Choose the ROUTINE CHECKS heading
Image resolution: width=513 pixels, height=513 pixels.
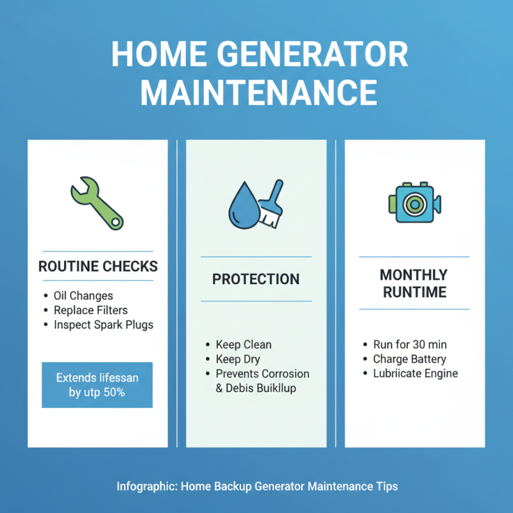pyautogui.click(x=97, y=266)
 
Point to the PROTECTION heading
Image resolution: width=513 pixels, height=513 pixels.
pyautogui.click(x=256, y=280)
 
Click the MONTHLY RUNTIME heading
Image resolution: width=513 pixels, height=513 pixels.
pyautogui.click(x=414, y=283)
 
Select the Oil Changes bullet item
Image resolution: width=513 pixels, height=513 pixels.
pyautogui.click(x=83, y=296)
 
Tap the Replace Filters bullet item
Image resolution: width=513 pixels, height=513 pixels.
pyautogui.click(x=90, y=310)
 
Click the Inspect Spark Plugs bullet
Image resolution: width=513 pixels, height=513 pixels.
pyautogui.click(x=103, y=324)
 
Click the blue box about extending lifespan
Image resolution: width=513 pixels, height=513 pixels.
pyautogui.click(x=97, y=385)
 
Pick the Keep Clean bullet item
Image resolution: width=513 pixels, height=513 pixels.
pyautogui.click(x=243, y=344)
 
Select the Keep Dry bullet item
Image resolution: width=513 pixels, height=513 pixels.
pyautogui.click(x=237, y=359)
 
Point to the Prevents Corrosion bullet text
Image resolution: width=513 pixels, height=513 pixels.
pyautogui.click(x=262, y=374)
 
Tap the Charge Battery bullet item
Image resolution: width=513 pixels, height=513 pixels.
pyautogui.click(x=409, y=359)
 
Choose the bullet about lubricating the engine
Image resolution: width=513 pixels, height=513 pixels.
pyautogui.click(x=415, y=374)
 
